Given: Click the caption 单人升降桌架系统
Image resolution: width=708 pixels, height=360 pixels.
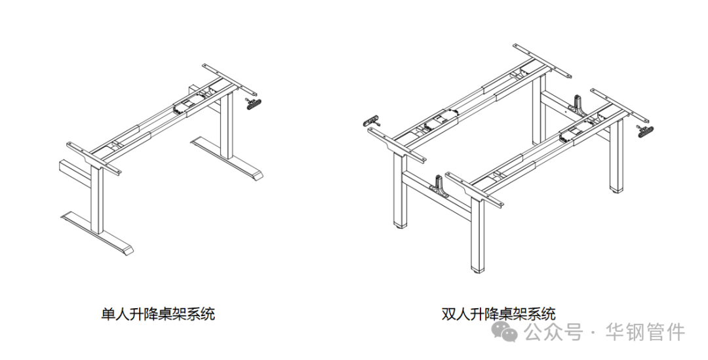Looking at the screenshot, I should point(158,314).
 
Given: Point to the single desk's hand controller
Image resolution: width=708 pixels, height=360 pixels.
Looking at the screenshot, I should point(252,103).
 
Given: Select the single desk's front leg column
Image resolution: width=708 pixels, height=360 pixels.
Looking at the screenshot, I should point(98,201).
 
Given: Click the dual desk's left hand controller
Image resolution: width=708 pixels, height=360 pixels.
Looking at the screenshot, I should point(372,121).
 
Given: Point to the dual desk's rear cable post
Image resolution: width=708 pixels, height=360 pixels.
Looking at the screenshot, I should point(579,104).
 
